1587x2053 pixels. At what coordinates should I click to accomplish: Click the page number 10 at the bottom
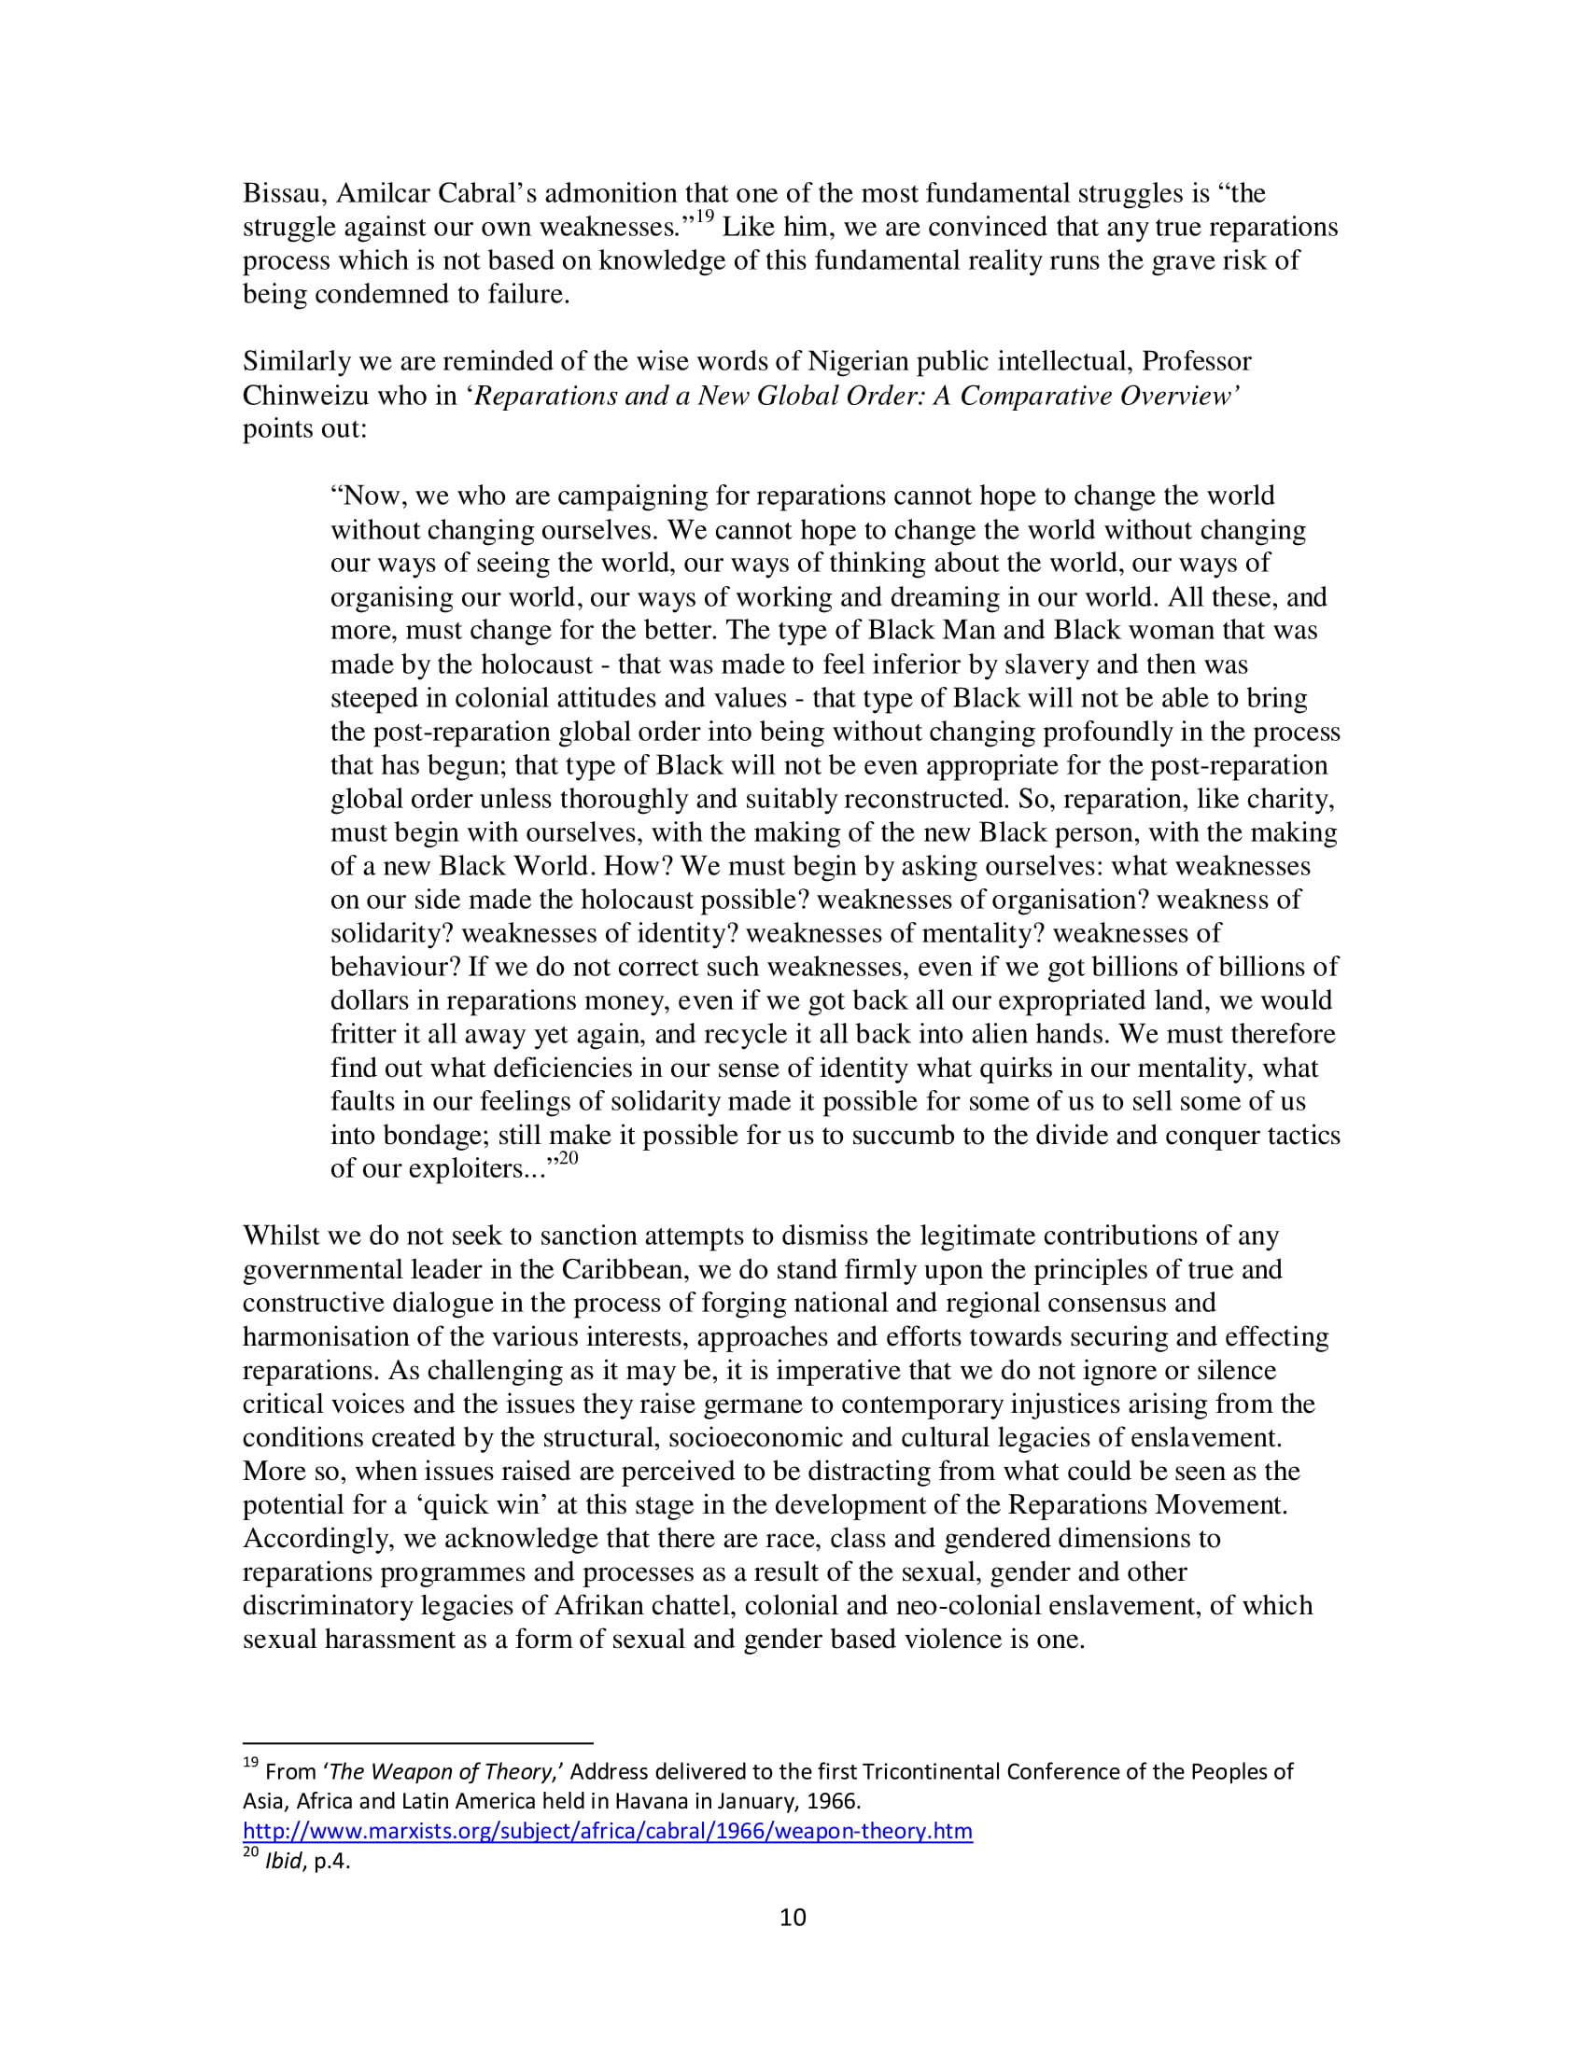click(x=793, y=1918)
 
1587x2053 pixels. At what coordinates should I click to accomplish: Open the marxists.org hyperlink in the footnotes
click(x=608, y=1830)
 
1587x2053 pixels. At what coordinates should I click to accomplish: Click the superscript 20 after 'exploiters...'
click(x=568, y=1159)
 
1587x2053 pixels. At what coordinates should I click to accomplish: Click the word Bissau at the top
click(x=283, y=194)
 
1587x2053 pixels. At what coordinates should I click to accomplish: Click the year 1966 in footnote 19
click(x=833, y=1801)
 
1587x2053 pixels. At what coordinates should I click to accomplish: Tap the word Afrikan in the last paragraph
click(x=596, y=1607)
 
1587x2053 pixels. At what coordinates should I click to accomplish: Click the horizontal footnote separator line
click(x=417, y=1743)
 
